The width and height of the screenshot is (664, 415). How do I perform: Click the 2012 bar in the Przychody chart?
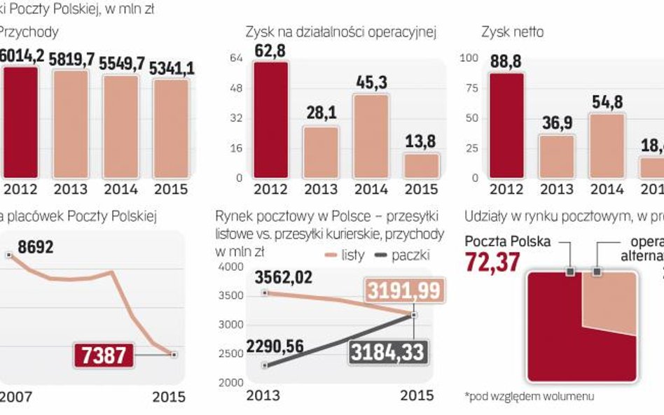20,122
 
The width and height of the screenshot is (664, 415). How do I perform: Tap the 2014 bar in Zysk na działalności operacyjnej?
371,136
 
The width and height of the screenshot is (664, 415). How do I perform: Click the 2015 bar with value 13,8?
421,165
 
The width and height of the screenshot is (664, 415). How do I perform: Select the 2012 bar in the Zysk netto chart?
506,125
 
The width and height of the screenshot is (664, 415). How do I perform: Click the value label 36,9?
556,123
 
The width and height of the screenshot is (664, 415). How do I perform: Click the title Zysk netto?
512,32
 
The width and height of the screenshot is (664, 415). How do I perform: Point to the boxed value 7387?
102,356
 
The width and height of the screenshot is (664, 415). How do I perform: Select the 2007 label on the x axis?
15,396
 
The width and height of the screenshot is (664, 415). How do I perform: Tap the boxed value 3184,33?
388,351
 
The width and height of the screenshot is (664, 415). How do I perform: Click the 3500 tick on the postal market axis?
232,296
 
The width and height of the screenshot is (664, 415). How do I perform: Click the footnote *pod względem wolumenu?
529,396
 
